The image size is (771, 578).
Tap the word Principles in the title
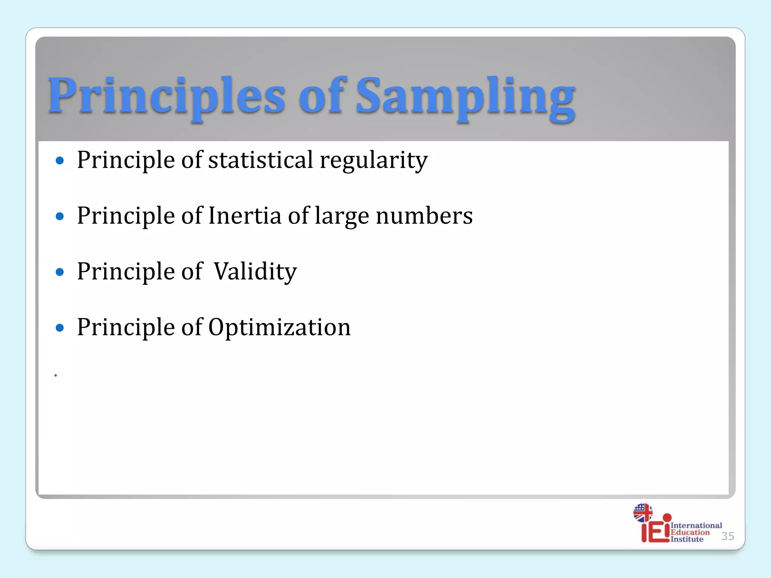166,96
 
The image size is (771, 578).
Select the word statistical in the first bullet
261,160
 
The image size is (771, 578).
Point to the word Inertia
245,216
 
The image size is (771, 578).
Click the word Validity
255,272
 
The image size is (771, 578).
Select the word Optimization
279,327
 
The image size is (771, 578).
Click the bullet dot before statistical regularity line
59,161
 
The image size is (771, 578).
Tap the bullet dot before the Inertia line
59,216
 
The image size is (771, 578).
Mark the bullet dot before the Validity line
59,272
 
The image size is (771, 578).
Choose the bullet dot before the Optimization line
59,327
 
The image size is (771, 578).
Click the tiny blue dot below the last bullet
56,375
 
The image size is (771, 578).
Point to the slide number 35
728,536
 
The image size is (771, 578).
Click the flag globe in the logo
643,513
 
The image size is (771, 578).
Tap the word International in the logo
696,525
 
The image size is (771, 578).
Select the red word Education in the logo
690,532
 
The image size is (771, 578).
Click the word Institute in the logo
687,539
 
